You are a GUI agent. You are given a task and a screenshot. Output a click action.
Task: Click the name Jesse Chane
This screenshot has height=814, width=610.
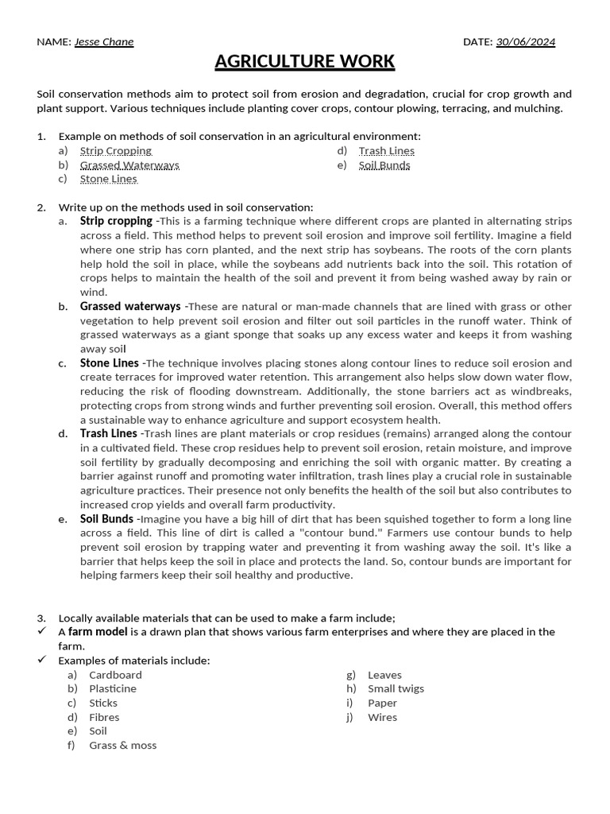pyautogui.click(x=104, y=42)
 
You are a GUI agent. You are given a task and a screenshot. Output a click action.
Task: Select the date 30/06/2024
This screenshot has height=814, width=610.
pyautogui.click(x=525, y=42)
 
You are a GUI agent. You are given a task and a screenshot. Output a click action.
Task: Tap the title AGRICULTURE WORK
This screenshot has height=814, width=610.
pyautogui.click(x=305, y=62)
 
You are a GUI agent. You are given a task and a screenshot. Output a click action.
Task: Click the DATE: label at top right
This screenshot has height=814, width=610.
pyautogui.click(x=478, y=42)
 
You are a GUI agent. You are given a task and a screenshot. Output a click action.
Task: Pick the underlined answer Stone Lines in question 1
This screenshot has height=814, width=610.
pyautogui.click(x=108, y=180)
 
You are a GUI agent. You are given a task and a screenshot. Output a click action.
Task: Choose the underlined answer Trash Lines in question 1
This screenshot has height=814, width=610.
pyautogui.click(x=386, y=151)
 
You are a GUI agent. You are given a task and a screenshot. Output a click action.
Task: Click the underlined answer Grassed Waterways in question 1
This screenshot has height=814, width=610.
pyautogui.click(x=129, y=165)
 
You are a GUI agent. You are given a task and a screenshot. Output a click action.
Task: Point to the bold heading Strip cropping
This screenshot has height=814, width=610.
pyautogui.click(x=116, y=221)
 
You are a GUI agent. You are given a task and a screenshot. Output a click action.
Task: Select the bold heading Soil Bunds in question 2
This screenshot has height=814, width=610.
pyautogui.click(x=106, y=519)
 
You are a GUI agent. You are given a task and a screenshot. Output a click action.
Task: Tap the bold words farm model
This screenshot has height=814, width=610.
pyautogui.click(x=98, y=632)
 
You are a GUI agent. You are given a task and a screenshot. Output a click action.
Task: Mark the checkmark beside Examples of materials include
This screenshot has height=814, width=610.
pyautogui.click(x=42, y=661)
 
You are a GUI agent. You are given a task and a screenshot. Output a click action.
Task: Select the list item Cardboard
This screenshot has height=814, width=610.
pyautogui.click(x=115, y=675)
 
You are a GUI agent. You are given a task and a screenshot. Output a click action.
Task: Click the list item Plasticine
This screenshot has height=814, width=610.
pyautogui.click(x=113, y=689)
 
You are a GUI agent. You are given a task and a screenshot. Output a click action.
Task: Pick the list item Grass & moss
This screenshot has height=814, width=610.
pyautogui.click(x=123, y=746)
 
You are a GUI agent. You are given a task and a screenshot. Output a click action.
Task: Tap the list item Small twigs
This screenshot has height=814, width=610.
pyautogui.click(x=396, y=689)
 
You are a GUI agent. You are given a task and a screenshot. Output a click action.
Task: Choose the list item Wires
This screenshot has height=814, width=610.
pyautogui.click(x=382, y=717)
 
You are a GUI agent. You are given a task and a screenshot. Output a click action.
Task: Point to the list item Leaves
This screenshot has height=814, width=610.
pyautogui.click(x=384, y=675)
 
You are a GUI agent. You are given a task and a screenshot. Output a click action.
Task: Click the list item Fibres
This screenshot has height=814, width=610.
pyautogui.click(x=104, y=717)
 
